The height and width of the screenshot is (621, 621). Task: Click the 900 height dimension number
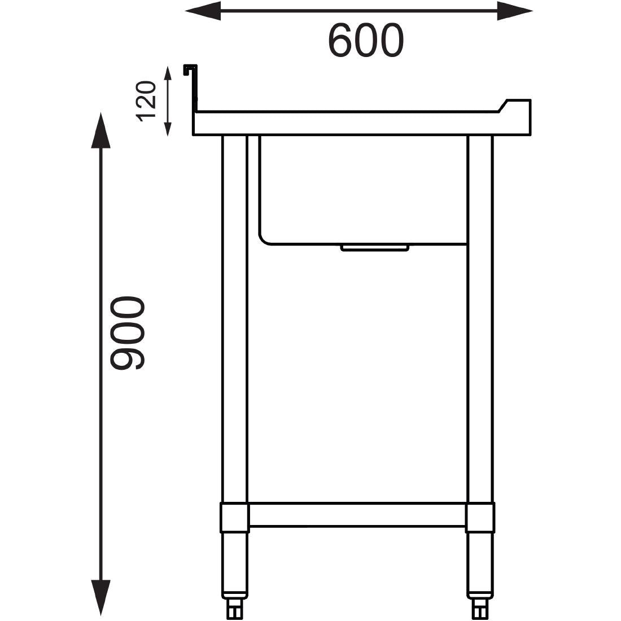[x=128, y=334]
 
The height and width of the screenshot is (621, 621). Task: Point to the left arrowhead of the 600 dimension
[x=202, y=11]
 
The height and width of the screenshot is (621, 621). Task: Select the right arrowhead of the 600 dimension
[x=514, y=11]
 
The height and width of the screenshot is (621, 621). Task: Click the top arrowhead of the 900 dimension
[x=101, y=130]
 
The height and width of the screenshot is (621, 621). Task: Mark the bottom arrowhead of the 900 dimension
[x=101, y=597]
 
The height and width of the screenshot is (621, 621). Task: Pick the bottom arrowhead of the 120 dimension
[x=167, y=129]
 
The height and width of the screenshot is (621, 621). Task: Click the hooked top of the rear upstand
[x=190, y=69]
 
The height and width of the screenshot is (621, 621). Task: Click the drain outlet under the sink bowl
[x=374, y=247]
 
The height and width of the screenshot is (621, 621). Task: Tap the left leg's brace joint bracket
[x=234, y=517]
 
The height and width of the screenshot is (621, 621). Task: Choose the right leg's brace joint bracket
[x=480, y=517]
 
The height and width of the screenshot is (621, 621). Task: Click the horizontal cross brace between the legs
[x=357, y=515]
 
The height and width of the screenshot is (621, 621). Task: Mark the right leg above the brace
[x=480, y=316]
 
